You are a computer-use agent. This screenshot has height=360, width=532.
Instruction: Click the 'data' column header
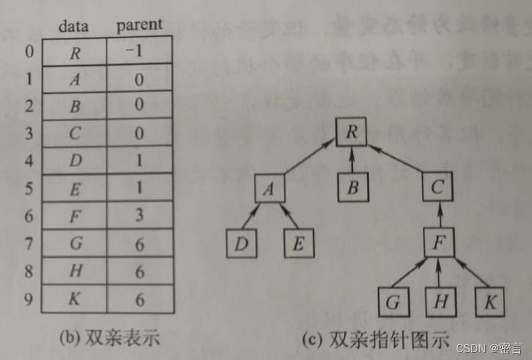tap(74, 26)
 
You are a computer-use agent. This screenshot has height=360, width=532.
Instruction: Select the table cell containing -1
tap(140, 52)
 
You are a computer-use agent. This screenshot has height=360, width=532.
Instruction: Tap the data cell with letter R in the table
tap(74, 52)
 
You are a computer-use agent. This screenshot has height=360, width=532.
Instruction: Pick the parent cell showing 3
tap(140, 214)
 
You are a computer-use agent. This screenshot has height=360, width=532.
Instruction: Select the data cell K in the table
tap(74, 299)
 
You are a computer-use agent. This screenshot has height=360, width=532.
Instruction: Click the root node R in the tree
tap(351, 132)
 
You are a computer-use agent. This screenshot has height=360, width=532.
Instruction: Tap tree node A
tap(269, 188)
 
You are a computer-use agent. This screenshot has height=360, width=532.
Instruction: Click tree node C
tap(438, 188)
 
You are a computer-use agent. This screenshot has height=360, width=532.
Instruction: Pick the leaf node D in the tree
tap(242, 244)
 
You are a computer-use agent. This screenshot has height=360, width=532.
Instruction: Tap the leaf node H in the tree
tap(440, 302)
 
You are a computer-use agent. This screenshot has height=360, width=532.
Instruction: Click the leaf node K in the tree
tap(489, 302)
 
